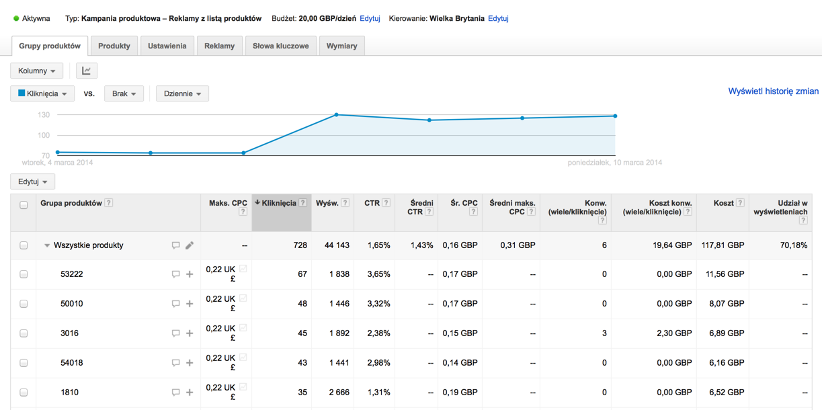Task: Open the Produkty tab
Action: pos(114,46)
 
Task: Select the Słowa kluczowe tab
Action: pos(280,46)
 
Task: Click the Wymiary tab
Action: pos(341,46)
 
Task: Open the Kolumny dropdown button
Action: pos(36,71)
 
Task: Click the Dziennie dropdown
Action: pos(182,93)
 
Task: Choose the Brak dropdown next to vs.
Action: pos(124,93)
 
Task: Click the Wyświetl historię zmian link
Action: pos(773,91)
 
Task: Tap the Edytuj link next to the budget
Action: pos(370,18)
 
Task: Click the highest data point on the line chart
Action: pos(337,115)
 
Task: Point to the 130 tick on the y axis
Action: pos(44,115)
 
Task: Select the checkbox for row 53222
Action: pos(24,274)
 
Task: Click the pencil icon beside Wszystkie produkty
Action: pos(190,245)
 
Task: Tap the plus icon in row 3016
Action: pos(190,333)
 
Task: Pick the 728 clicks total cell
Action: pos(299,245)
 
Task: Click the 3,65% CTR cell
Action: pos(378,274)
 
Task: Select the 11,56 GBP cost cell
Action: pos(723,274)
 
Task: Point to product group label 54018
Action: pos(72,363)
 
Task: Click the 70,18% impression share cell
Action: pos(794,245)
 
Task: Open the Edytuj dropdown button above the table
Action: pos(32,181)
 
